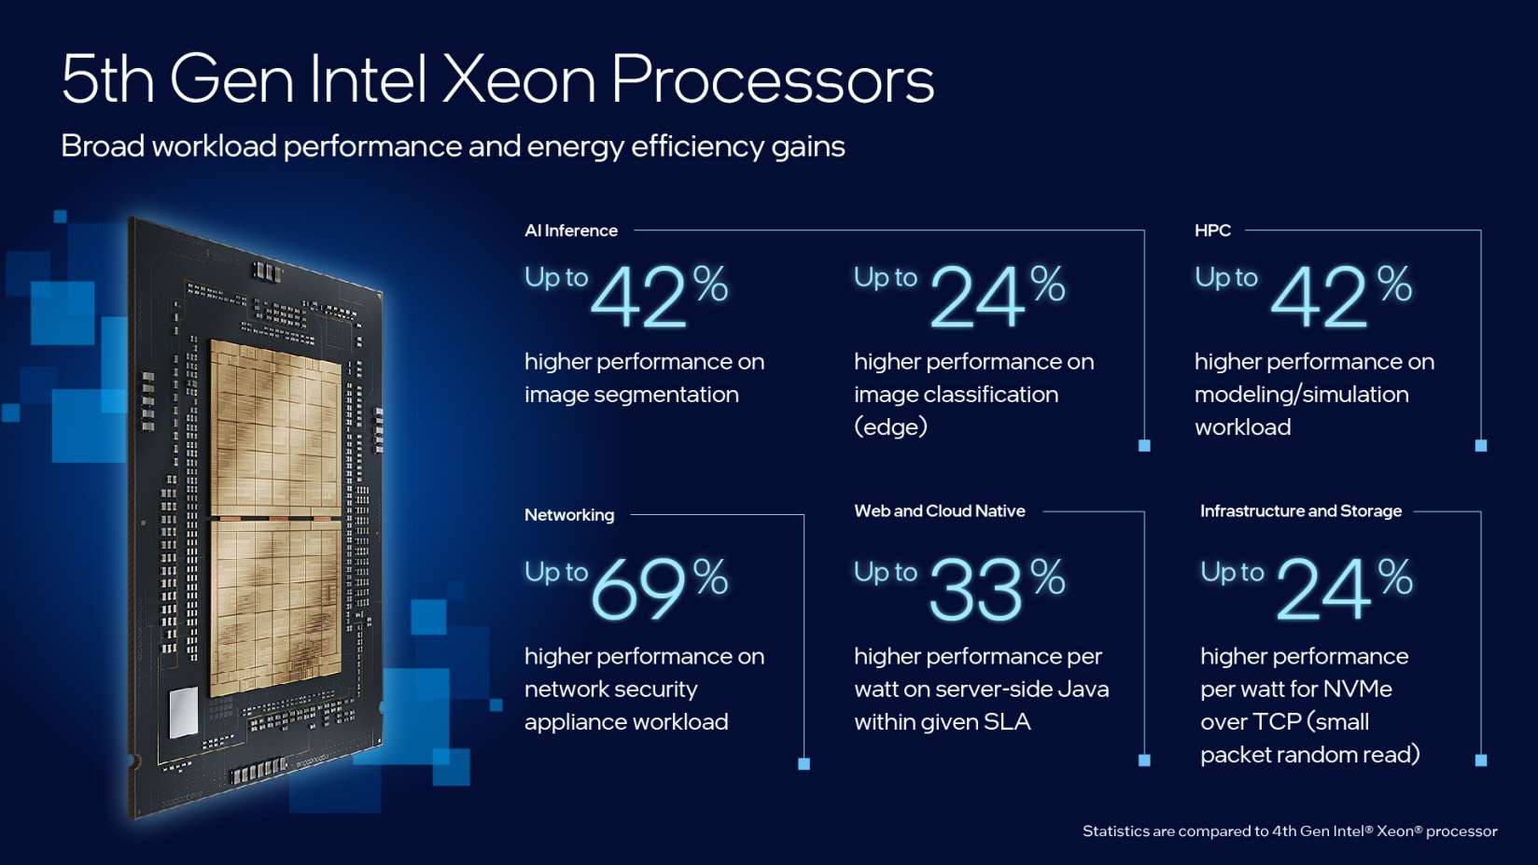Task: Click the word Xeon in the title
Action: point(518,79)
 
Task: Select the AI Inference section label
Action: point(571,230)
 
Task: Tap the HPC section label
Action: point(1212,230)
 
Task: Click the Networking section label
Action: point(569,515)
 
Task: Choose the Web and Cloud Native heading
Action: point(939,511)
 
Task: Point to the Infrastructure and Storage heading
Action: point(1300,511)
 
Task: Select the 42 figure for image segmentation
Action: point(638,297)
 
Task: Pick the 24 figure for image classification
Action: point(976,297)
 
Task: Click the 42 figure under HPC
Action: point(1318,297)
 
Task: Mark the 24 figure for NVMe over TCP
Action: point(1323,590)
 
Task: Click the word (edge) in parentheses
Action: point(890,427)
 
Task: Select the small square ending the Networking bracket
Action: point(804,763)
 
